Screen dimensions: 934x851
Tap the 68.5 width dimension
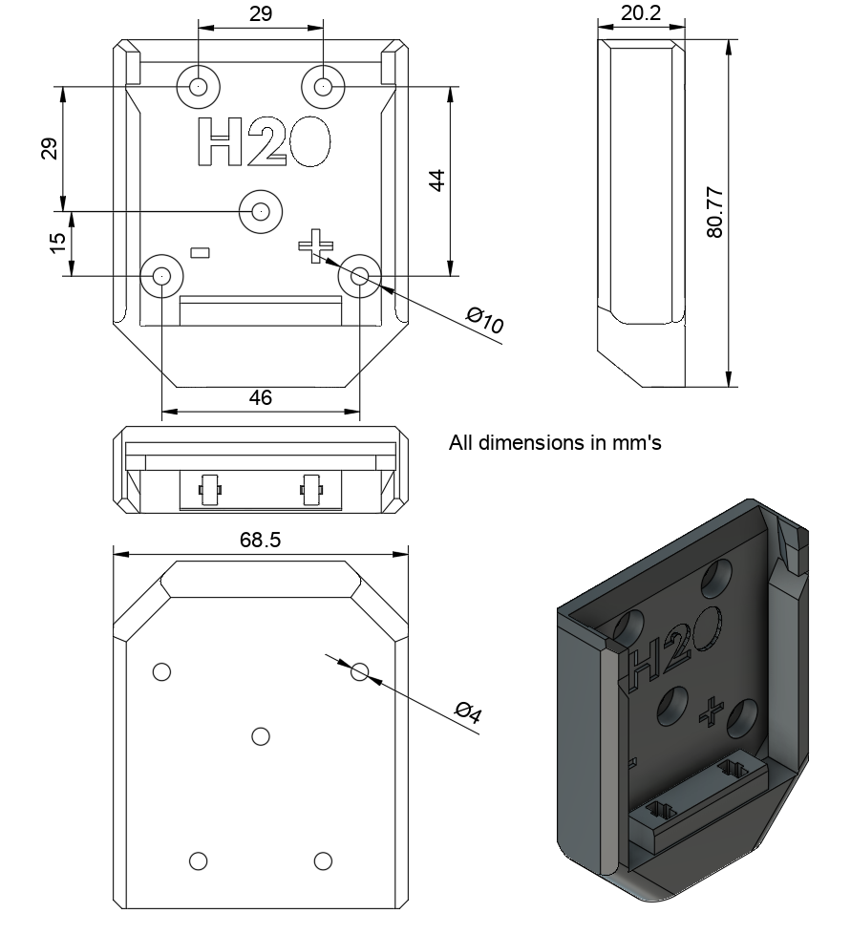click(260, 540)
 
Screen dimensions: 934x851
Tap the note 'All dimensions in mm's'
click(555, 443)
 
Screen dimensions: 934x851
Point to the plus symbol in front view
click(311, 245)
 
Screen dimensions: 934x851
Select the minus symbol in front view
click(201, 252)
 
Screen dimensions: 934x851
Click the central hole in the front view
click(260, 210)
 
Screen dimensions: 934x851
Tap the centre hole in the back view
click(260, 735)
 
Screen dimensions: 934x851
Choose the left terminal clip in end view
click(209, 490)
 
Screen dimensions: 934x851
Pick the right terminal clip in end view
click(310, 490)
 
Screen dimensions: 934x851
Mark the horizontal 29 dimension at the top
click(260, 14)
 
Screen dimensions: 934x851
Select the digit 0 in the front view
click(308, 143)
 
